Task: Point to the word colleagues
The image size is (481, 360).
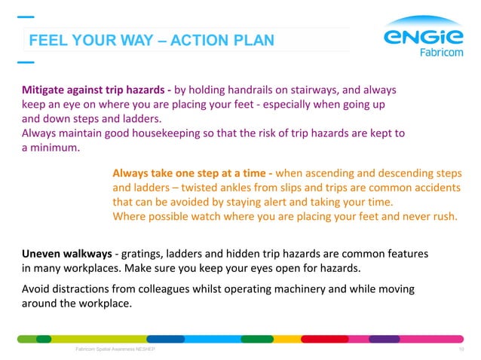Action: pyautogui.click(x=171, y=290)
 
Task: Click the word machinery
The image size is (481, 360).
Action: pyautogui.click(x=290, y=290)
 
